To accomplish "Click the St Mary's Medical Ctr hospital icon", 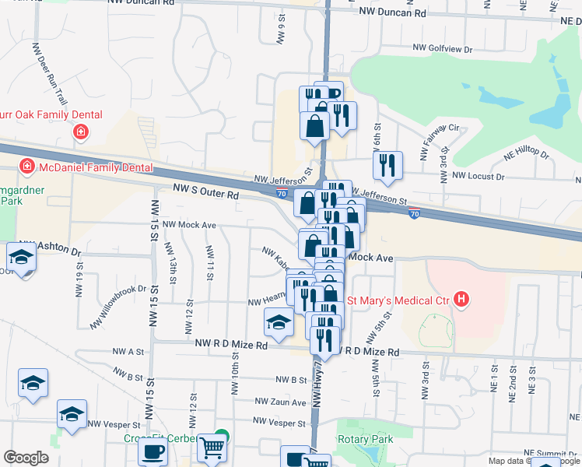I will (x=463, y=300).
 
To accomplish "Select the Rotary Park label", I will (x=365, y=439).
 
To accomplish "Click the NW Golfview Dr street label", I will (x=441, y=48).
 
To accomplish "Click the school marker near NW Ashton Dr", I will (x=21, y=258).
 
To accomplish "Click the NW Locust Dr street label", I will (x=474, y=177).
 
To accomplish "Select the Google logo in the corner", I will (x=26, y=458).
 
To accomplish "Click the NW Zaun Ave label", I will (x=281, y=402).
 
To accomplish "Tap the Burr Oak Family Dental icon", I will (x=80, y=132).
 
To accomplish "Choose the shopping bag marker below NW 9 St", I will (x=315, y=126).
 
